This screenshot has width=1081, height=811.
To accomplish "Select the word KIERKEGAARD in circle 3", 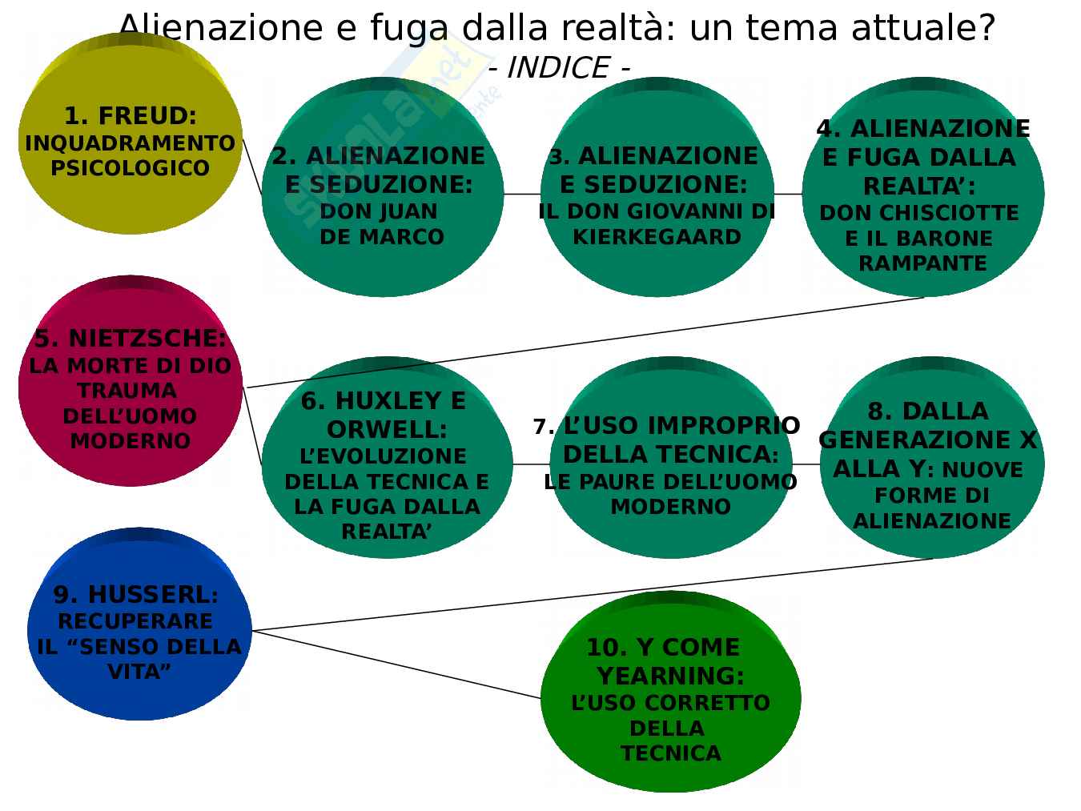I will pos(657,237).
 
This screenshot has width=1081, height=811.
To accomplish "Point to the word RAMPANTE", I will pos(922,263).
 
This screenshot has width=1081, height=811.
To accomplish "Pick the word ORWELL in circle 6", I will pos(387,429).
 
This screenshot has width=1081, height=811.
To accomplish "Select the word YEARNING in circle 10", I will pos(671,676).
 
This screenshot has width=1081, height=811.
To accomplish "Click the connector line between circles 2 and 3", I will pos(522,194).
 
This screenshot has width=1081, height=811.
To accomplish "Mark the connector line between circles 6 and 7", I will pos(532,464).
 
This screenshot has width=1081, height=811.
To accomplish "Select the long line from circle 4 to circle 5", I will pos(585,342).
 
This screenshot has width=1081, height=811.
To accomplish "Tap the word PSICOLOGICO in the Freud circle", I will pos(131,169).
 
